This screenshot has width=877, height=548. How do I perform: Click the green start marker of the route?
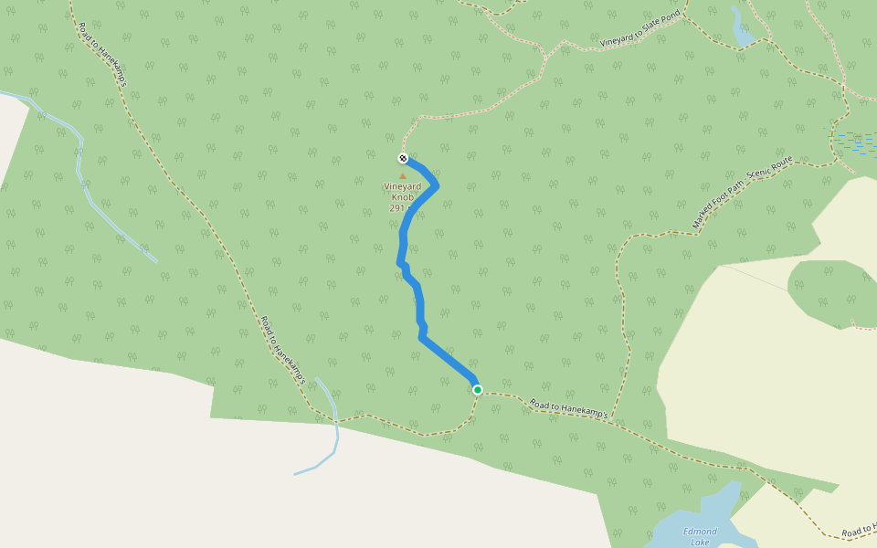point(477,390)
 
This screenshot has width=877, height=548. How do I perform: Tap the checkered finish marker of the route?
point(403,159)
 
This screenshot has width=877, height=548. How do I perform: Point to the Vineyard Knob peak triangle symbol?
point(403,175)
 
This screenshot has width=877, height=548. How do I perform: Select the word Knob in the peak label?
point(403,197)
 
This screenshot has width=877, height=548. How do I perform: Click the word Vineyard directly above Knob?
point(403,186)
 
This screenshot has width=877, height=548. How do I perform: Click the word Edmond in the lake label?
point(700,531)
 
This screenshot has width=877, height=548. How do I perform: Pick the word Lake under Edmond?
point(700,542)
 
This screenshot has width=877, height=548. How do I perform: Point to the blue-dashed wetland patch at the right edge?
point(857,142)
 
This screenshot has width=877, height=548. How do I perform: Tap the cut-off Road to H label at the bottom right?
point(859,531)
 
